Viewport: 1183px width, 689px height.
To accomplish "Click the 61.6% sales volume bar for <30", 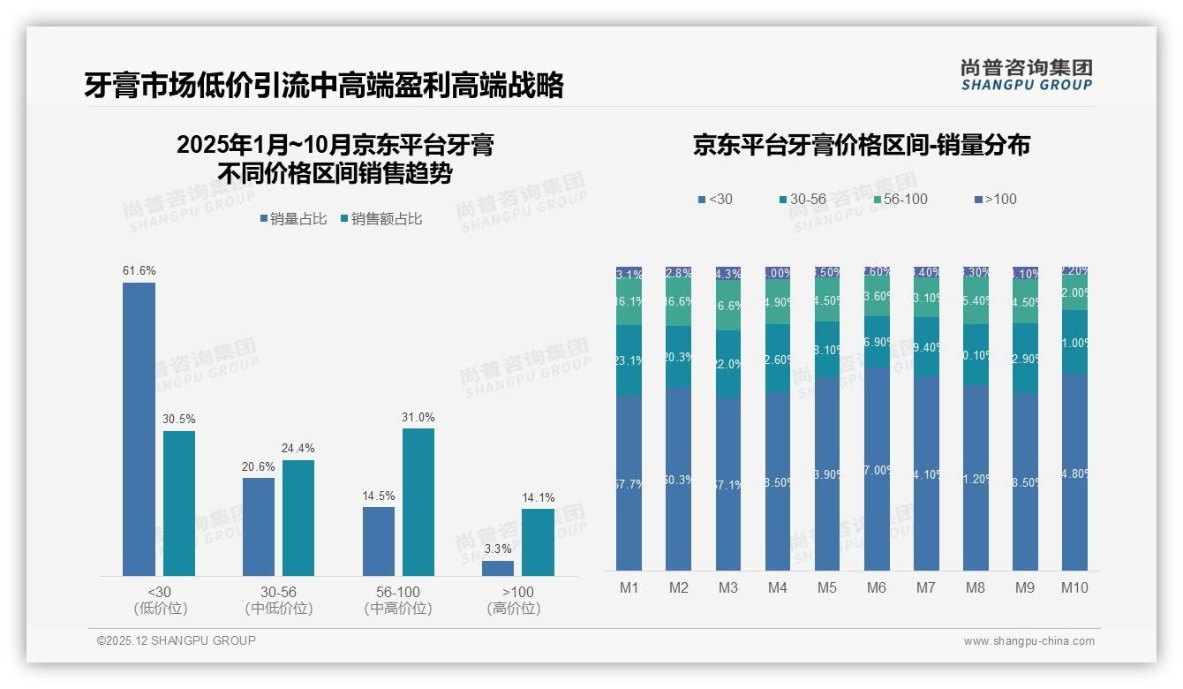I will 139,429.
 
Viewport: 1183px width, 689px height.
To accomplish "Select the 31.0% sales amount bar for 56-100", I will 418,502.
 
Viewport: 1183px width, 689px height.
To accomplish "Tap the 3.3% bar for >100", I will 498,568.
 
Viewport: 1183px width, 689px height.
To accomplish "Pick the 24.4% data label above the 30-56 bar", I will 298,448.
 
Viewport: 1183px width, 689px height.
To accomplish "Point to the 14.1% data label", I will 538,497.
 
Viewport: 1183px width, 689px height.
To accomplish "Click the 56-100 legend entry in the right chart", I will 900,199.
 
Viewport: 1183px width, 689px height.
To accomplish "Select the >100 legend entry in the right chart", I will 995,199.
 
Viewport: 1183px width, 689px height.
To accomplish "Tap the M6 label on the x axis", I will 877,587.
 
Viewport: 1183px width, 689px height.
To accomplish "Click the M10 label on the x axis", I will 1074,587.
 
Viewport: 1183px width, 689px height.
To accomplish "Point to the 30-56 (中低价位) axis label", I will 279,600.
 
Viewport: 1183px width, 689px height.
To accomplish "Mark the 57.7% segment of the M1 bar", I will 629,482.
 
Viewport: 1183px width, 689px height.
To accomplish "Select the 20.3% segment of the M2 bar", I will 679,357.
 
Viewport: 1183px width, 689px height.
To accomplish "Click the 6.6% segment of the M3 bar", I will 728,306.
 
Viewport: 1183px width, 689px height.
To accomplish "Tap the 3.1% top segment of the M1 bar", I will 629,274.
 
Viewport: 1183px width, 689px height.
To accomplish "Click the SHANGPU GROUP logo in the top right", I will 1026,75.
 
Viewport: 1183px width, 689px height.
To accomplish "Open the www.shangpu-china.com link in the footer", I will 1029,641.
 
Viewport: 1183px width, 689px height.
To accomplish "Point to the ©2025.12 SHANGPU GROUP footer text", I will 177,640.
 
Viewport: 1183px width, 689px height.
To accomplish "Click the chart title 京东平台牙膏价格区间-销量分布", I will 861,146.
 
